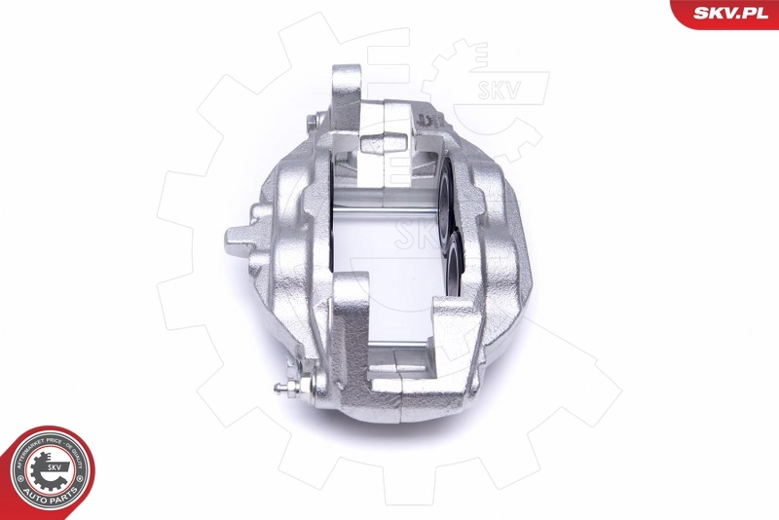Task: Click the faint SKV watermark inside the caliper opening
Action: pyautogui.click(x=414, y=234)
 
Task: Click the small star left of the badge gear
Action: pyautogui.click(x=22, y=473)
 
